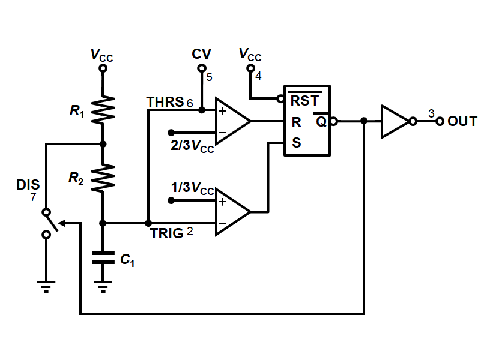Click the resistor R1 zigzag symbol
(x=103, y=109)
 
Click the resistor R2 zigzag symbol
(x=103, y=178)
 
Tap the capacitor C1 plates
(x=103, y=258)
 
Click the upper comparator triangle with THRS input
(x=232, y=121)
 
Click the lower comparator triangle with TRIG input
(x=232, y=212)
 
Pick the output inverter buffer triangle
(x=395, y=121)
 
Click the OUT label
(x=462, y=121)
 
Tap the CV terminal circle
(x=202, y=68)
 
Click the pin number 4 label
(x=258, y=76)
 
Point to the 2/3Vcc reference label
(x=192, y=145)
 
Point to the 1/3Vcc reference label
(x=192, y=188)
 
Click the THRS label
(x=165, y=102)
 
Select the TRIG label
(x=166, y=233)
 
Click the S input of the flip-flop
(x=296, y=143)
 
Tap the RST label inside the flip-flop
(x=304, y=101)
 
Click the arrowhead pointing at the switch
(x=62, y=223)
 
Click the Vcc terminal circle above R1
(x=103, y=68)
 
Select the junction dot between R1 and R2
(x=103, y=144)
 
